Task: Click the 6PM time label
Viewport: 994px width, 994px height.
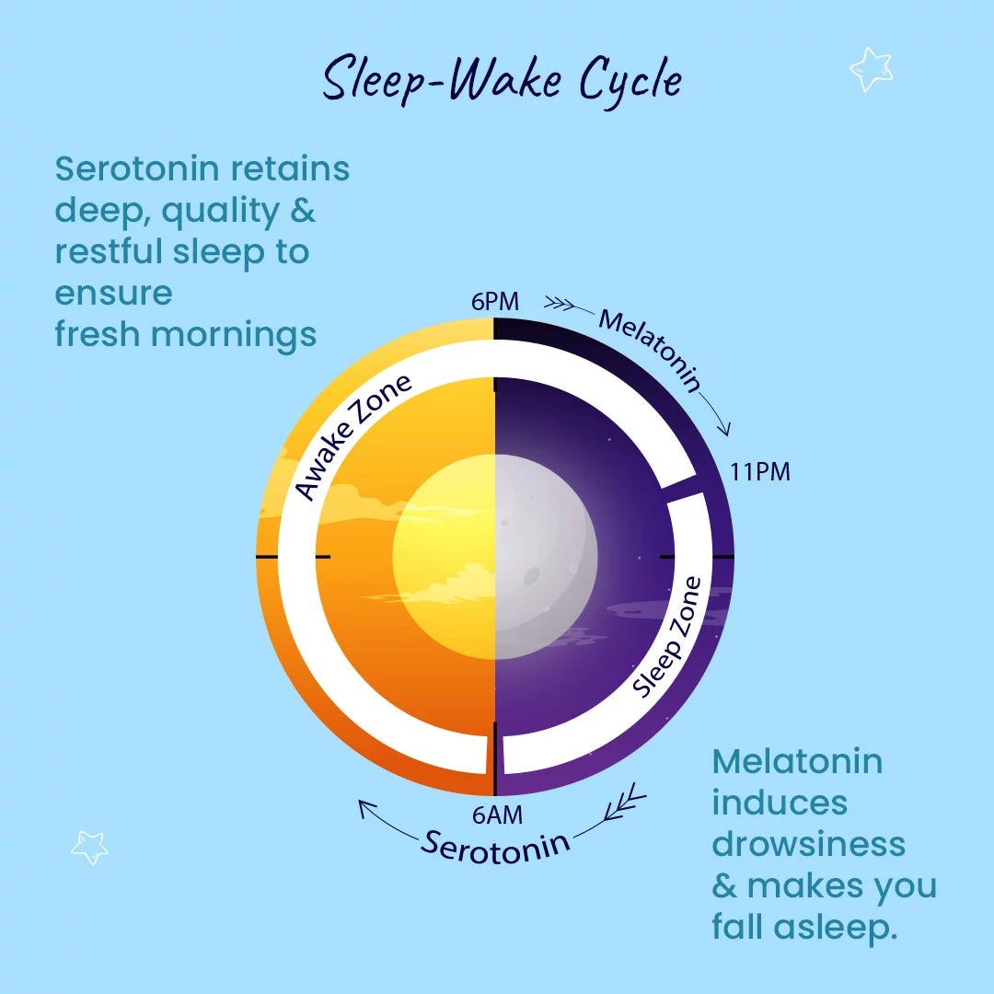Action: pyautogui.click(x=494, y=302)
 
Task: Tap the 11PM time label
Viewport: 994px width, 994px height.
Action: pyautogui.click(x=760, y=472)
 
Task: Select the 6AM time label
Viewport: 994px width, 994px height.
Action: pyautogui.click(x=498, y=815)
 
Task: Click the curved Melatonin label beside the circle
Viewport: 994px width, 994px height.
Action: pyautogui.click(x=651, y=350)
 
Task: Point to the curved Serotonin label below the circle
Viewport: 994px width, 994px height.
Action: pyautogui.click(x=495, y=848)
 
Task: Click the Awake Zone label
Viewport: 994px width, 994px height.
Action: pyautogui.click(x=353, y=436)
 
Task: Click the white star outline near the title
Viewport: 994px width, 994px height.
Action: pyautogui.click(x=871, y=68)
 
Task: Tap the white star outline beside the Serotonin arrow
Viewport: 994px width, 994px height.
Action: pyautogui.click(x=89, y=847)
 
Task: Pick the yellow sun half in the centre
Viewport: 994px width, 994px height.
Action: pyautogui.click(x=444, y=557)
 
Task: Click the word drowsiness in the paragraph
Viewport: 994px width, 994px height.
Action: pyautogui.click(x=808, y=844)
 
